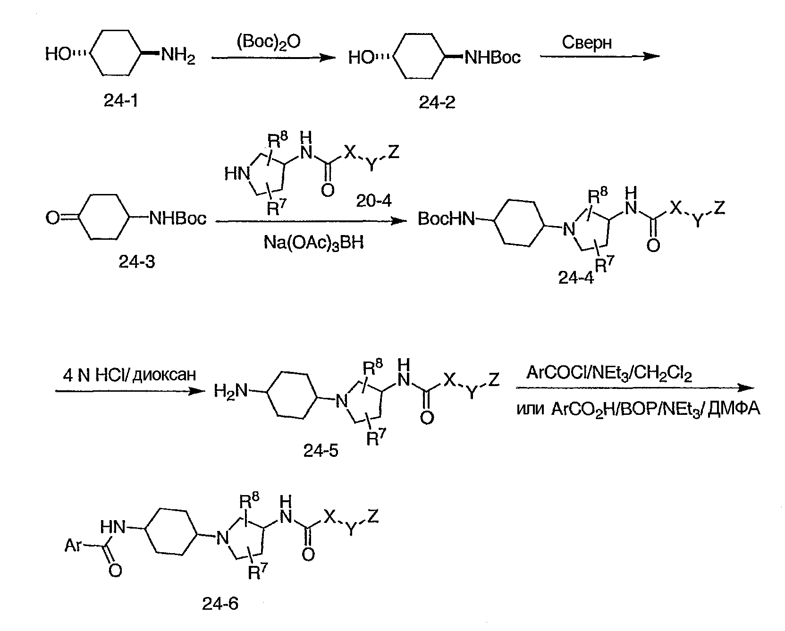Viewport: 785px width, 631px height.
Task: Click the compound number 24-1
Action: pos(121,101)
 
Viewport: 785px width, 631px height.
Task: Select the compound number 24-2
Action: pos(437,101)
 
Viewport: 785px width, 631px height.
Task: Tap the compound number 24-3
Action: pos(136,261)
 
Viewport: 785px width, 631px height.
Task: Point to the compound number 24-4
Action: pos(575,278)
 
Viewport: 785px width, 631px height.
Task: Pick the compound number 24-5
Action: pos(321,452)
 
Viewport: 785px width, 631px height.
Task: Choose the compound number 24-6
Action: pos(220,604)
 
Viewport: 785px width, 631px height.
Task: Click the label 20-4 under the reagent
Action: pos(374,201)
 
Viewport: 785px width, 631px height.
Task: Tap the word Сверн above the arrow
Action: pos(587,43)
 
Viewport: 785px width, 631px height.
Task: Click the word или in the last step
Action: pos(531,409)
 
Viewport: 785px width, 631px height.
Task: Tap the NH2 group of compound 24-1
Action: pos(178,57)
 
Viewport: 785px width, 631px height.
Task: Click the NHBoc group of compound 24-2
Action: pos(492,57)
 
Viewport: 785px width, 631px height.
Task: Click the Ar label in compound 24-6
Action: pos(74,546)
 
